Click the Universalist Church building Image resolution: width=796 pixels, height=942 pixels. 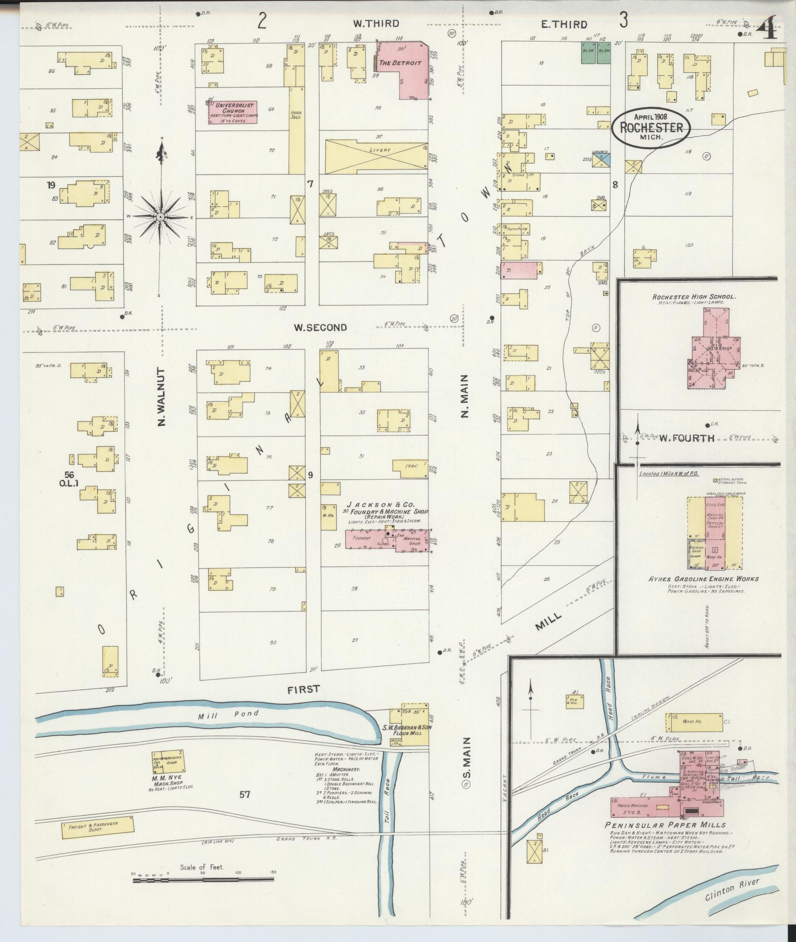click(233, 112)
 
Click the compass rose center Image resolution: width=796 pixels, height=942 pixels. click(160, 216)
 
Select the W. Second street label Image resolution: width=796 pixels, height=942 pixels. click(320, 328)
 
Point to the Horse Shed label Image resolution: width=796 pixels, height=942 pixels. click(296, 115)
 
